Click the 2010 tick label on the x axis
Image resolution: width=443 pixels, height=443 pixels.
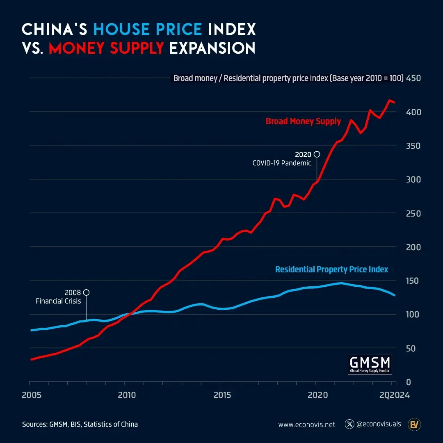click(x=127, y=395)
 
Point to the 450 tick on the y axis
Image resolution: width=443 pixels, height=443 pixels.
click(x=413, y=78)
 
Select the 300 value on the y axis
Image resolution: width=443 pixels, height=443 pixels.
click(x=413, y=180)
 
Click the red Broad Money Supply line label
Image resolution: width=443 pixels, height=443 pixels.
click(x=303, y=121)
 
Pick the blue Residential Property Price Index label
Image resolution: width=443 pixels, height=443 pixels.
click(x=331, y=269)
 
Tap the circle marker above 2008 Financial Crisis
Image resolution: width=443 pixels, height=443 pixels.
click(x=86, y=292)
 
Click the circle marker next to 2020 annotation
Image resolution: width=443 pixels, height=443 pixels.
click(x=317, y=154)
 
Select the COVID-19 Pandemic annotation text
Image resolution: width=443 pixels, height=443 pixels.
click(x=281, y=163)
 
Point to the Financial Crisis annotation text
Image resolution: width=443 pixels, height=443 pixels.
click(x=58, y=301)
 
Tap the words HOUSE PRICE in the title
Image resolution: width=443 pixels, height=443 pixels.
click(x=148, y=29)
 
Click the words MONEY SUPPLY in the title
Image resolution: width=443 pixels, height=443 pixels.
click(x=106, y=48)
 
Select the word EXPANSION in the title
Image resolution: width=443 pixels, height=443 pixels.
click(x=212, y=48)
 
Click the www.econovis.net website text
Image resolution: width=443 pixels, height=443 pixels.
click(x=306, y=425)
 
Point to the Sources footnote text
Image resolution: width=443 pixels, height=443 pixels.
click(x=80, y=425)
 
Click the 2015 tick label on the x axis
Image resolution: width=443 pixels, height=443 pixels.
click(x=222, y=395)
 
